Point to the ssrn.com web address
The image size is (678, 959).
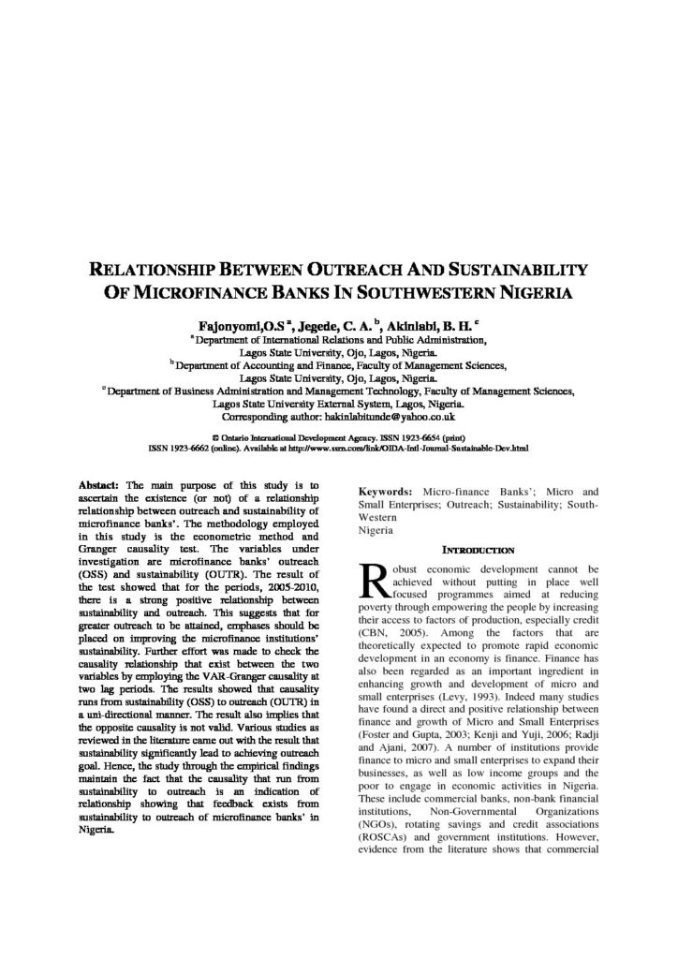[421, 449]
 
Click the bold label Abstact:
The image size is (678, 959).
[100, 485]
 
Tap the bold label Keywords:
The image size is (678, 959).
[387, 492]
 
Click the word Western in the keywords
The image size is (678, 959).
[381, 516]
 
